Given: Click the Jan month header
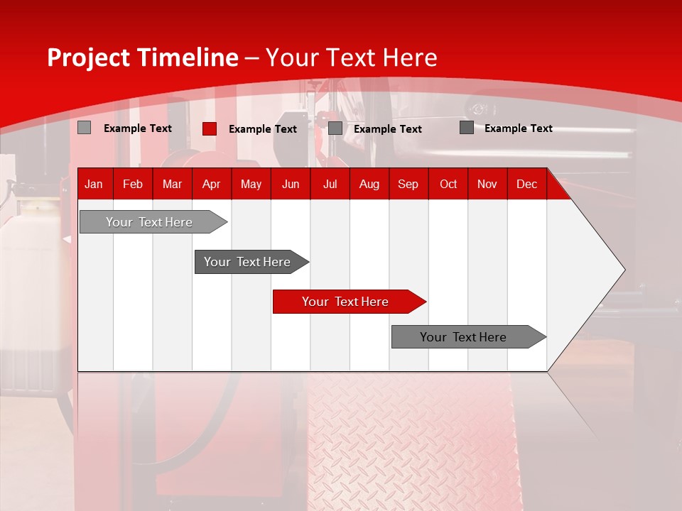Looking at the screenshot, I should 94,184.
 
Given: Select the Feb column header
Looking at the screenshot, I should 133,184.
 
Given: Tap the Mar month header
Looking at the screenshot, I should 172,184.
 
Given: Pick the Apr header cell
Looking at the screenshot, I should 212,184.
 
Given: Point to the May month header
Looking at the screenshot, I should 251,184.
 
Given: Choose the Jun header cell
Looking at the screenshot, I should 291,184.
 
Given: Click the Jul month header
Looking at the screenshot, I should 330,184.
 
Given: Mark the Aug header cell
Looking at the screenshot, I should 369,184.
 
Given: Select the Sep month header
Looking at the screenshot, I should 408,184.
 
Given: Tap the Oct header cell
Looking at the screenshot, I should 448,184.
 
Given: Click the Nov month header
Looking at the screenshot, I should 487,184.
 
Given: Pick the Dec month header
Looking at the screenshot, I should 527,184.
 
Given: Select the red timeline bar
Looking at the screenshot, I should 345,302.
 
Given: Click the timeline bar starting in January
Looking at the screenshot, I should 149,222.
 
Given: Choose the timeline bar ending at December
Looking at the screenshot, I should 463,337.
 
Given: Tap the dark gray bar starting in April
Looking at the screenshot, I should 247,262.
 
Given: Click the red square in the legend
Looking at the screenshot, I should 209,128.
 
